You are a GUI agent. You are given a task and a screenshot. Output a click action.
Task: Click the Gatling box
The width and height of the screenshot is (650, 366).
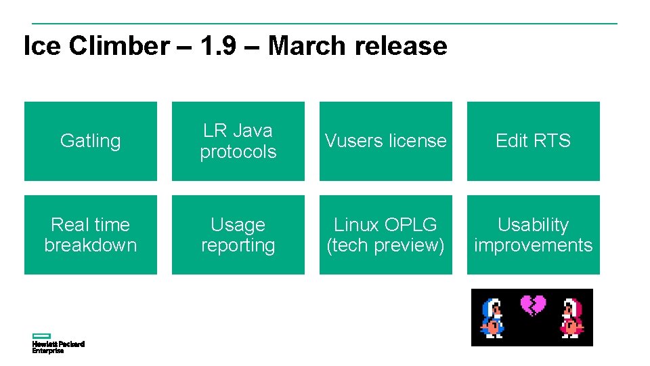click(91, 141)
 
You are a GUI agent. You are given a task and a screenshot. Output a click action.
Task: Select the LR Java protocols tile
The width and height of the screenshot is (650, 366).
click(238, 141)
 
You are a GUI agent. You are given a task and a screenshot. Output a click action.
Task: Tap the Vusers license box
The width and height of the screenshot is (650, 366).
click(385, 141)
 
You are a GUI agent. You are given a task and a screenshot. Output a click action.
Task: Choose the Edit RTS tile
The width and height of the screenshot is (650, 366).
click(533, 141)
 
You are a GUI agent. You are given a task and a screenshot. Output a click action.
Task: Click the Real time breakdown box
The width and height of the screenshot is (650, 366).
click(91, 235)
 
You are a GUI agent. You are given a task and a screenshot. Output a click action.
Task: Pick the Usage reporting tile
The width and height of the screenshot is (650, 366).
click(238, 235)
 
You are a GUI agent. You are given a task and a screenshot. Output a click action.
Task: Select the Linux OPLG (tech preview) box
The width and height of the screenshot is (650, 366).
click(385, 235)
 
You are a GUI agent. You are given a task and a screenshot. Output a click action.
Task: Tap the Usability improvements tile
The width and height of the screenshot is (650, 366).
click(533, 235)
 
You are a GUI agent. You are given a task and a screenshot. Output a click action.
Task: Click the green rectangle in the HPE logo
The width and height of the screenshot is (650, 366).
click(41, 336)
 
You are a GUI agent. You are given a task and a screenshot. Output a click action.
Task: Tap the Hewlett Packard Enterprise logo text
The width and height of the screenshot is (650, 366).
click(58, 347)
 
